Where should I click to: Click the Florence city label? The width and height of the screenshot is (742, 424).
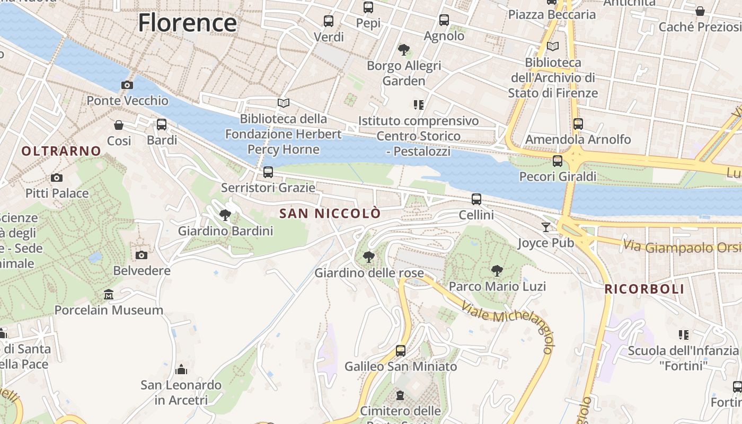click(187, 23)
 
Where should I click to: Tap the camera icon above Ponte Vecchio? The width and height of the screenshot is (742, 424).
click(127, 85)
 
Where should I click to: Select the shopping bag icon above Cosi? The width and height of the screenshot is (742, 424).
click(119, 125)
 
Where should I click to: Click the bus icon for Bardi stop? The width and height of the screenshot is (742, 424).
click(162, 125)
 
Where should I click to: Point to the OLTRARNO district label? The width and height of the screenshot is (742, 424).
click(61, 151)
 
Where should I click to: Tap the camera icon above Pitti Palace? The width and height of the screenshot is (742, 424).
click(57, 178)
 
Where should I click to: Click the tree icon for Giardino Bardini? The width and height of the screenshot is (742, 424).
click(225, 215)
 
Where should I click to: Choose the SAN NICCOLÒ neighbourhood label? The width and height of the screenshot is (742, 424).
click(330, 214)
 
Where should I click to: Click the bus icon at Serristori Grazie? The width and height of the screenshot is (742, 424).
click(268, 172)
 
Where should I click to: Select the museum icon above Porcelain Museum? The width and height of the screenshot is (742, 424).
click(109, 294)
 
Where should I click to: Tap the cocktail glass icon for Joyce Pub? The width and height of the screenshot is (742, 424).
click(546, 227)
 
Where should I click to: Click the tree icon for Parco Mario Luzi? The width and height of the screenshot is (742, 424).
click(497, 271)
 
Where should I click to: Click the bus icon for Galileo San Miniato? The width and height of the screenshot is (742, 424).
click(401, 350)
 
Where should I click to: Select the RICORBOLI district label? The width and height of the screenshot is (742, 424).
click(644, 289)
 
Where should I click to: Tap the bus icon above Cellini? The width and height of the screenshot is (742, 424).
click(476, 199)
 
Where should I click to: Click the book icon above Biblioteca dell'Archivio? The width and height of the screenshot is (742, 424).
click(553, 47)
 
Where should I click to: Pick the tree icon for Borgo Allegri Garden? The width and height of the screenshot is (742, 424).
click(404, 50)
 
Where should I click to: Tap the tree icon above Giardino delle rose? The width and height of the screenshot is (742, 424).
click(369, 258)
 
